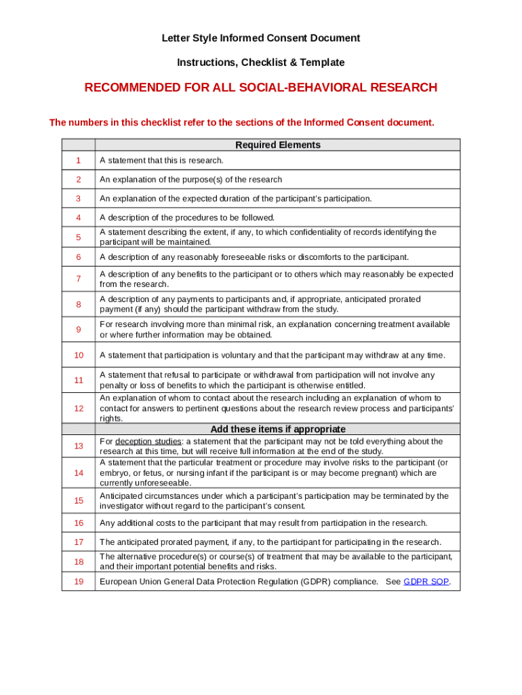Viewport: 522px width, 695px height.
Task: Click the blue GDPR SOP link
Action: click(x=426, y=582)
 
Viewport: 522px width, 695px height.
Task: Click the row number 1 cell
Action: click(x=79, y=160)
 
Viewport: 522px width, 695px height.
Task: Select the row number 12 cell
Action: click(x=79, y=408)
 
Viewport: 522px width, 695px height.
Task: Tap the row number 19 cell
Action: click(x=79, y=582)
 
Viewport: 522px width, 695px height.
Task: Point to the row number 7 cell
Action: click(x=79, y=279)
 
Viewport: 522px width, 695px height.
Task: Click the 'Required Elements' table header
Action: click(x=277, y=145)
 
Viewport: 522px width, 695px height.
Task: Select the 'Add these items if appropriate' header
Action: click(x=277, y=429)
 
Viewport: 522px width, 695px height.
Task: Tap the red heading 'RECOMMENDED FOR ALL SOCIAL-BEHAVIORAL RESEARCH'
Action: click(x=260, y=88)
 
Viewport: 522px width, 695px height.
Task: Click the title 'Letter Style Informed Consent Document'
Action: click(x=260, y=38)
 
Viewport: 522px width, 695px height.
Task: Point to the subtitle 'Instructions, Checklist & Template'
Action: click(x=260, y=62)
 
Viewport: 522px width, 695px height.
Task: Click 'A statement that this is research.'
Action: click(x=161, y=160)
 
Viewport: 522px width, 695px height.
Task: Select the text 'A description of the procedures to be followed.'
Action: click(x=187, y=217)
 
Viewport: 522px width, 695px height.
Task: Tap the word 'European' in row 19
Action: click(x=118, y=582)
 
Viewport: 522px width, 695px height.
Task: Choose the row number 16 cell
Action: click(x=79, y=523)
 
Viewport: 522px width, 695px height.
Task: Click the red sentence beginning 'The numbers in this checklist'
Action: click(x=241, y=123)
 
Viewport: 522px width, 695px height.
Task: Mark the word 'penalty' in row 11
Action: click(x=114, y=385)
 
